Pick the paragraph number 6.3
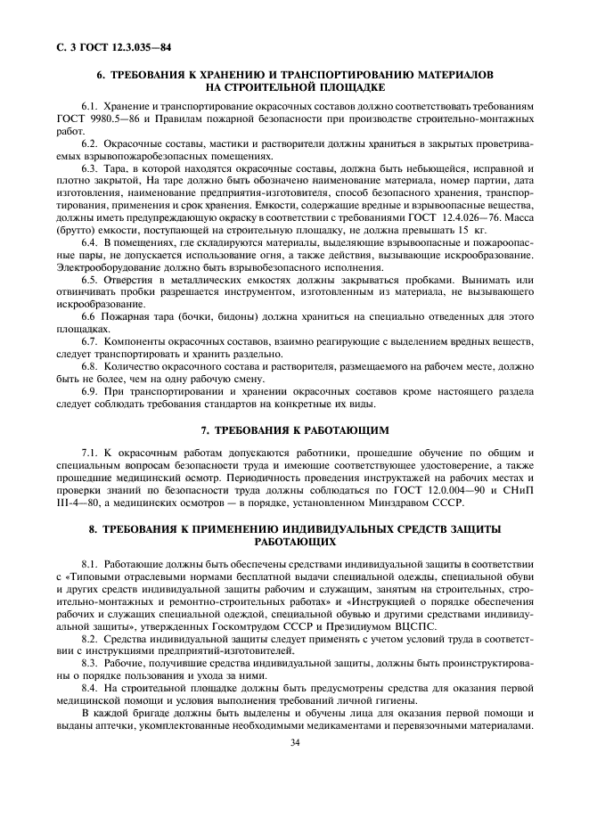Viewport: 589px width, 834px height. tap(89, 168)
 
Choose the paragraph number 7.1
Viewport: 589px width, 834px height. tap(89, 454)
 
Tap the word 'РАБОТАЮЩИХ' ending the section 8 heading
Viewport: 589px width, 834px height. tap(294, 541)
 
